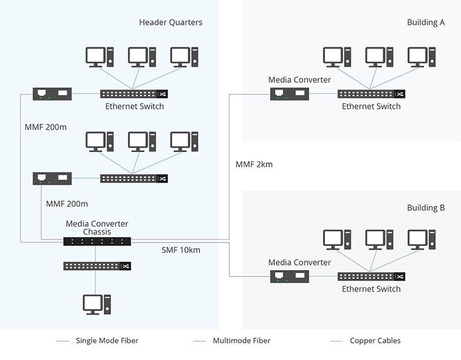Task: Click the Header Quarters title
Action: (171, 22)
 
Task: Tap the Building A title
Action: (426, 22)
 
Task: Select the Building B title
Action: (426, 208)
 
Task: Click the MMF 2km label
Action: (254, 165)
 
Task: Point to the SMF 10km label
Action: (181, 251)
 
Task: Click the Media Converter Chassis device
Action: (97, 241)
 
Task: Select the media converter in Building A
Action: (290, 93)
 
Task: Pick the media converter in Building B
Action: (290, 276)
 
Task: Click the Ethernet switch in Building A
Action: (371, 93)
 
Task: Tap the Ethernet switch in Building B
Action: (371, 276)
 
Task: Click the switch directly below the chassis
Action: (97, 266)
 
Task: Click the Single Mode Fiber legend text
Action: (107, 340)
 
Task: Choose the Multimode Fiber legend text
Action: (241, 340)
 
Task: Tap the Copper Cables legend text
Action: (375, 340)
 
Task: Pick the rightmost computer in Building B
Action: (421, 241)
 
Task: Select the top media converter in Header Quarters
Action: (52, 93)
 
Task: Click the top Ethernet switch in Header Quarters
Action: (134, 93)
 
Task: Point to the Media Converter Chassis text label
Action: (97, 228)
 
